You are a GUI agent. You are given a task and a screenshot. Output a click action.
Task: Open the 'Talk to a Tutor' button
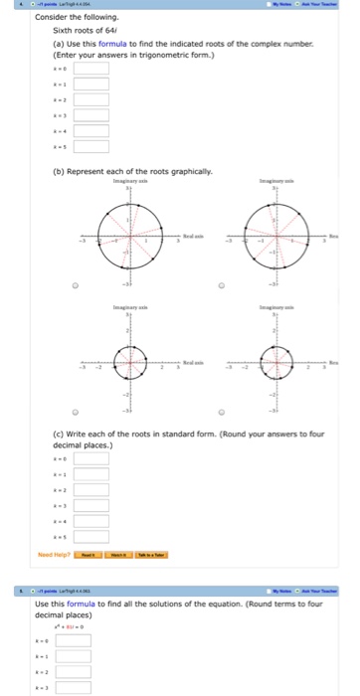coord(153,554)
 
